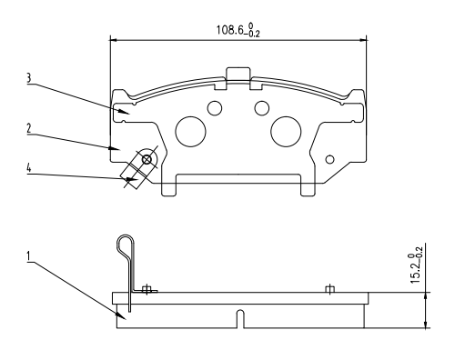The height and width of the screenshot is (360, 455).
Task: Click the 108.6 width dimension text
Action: coord(238,30)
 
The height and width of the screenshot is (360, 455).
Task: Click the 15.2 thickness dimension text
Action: coord(416,269)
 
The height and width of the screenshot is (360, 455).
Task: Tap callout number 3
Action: coord(28,78)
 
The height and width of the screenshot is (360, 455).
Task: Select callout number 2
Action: coord(29,128)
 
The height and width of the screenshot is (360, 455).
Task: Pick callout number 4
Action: coord(29,167)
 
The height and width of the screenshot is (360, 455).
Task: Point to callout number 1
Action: coord(29,256)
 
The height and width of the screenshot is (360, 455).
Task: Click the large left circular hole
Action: coord(190,132)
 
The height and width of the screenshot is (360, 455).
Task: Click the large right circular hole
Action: coord(286,132)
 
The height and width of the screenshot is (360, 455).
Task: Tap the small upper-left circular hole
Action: coord(215,108)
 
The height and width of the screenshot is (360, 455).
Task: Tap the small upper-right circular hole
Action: coord(262,108)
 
